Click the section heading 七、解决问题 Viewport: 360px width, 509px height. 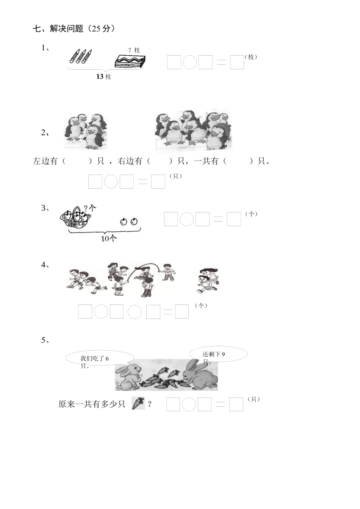click(74, 29)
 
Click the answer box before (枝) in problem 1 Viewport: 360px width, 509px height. click(237, 62)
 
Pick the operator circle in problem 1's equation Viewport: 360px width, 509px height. click(190, 62)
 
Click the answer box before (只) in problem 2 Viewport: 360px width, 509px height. click(158, 181)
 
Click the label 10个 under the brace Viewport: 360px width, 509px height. click(109, 239)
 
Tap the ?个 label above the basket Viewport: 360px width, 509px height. click(90, 208)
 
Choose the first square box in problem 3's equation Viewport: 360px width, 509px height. click(171, 219)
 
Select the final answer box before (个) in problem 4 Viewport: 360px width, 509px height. click(182, 312)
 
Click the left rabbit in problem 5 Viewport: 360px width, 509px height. click(127, 377)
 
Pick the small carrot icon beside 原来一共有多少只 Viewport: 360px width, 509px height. click(138, 403)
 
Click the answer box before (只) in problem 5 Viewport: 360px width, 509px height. click(236, 404)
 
